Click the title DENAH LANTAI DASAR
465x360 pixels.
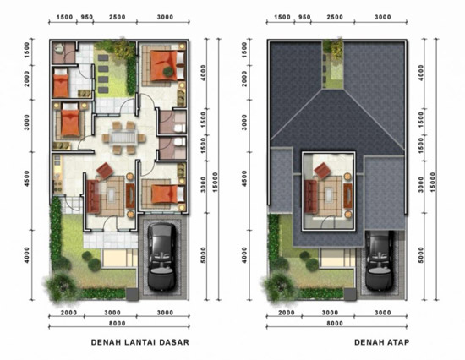click(140, 342)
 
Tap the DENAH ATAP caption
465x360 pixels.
click(381, 342)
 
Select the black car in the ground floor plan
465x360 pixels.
click(161, 257)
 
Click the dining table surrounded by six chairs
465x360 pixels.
click(123, 138)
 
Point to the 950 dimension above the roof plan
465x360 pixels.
click(304, 17)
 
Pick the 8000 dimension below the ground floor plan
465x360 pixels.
click(118, 323)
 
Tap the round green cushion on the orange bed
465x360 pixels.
click(168, 71)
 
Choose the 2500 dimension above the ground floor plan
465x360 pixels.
click(118, 17)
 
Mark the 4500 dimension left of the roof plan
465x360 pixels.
click(244, 178)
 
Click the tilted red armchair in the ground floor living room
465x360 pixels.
click(105, 171)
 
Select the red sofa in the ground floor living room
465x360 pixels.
click(93, 196)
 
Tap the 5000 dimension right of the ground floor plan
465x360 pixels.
click(204, 255)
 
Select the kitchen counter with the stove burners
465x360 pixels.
click(57, 174)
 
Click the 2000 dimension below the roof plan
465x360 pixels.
click(287, 313)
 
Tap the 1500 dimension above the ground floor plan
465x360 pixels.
click(64, 17)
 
